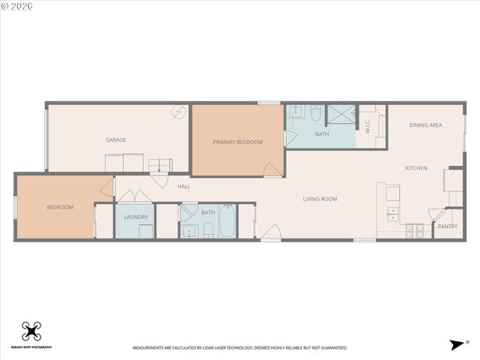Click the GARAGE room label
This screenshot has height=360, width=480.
(115, 140)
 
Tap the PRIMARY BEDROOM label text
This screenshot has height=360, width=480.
(238, 142)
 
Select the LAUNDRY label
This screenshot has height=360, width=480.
(136, 217)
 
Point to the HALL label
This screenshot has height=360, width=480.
(184, 187)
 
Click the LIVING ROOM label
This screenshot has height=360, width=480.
(320, 199)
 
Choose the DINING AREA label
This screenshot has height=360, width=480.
(425, 125)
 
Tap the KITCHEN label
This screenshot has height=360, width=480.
(416, 168)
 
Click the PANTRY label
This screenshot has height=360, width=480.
(448, 226)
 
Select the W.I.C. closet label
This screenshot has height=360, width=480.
(368, 127)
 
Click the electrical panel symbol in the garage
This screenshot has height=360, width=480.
(178, 112)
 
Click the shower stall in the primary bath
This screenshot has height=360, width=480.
(341, 114)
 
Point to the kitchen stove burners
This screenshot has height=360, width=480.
(415, 231)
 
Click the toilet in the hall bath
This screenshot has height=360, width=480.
(208, 228)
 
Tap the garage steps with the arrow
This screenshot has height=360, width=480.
(159, 166)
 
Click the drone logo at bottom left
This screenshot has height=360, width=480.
(31, 331)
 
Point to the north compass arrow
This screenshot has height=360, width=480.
(456, 344)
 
